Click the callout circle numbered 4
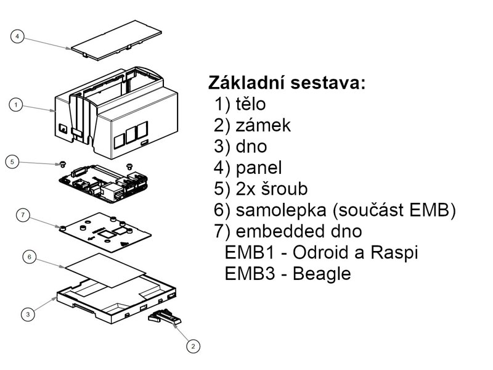18,37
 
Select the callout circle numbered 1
18,105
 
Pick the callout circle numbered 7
22,215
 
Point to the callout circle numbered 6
28,257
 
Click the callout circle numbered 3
28,314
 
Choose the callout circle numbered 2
193,347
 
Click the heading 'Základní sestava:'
287,83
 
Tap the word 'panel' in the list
259,168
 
